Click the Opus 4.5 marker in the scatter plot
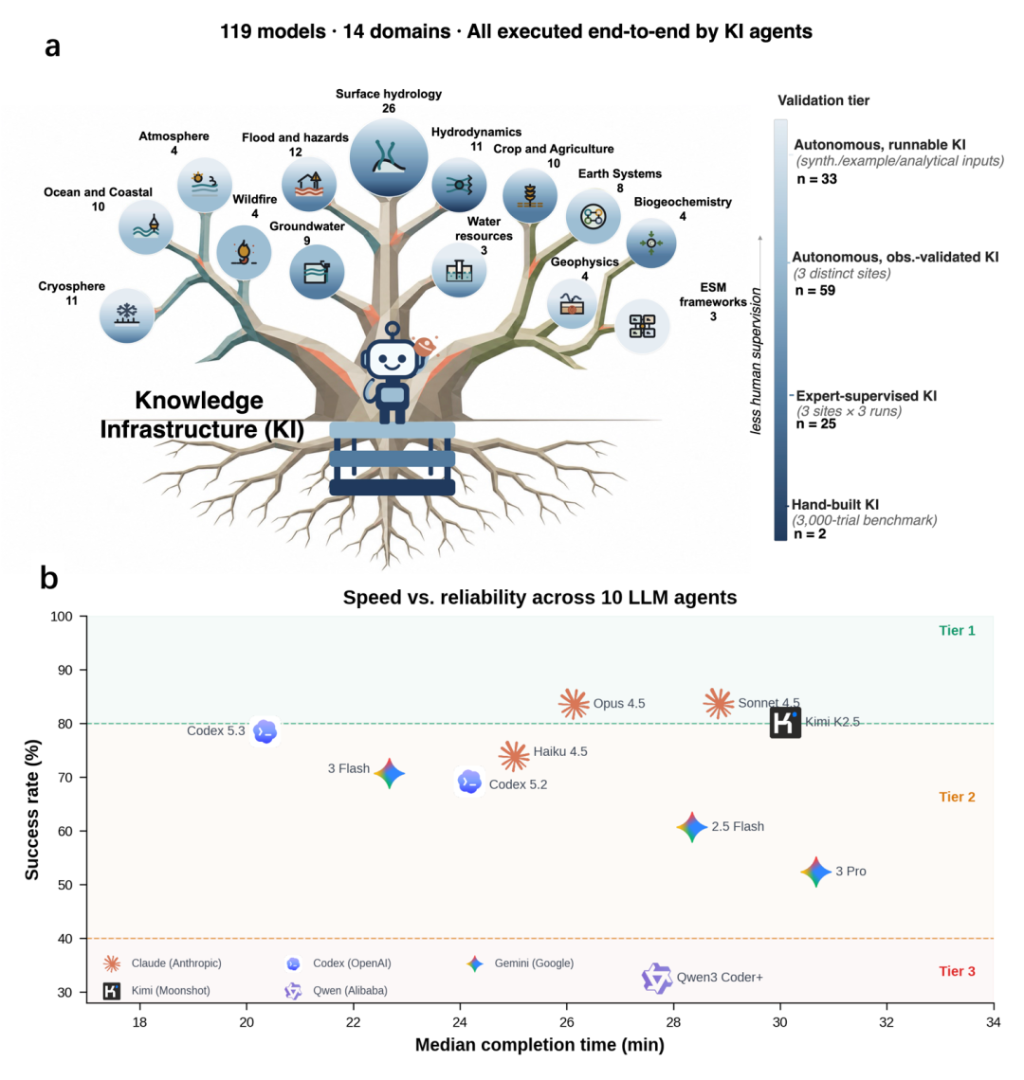point(574,704)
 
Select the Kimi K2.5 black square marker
point(785,723)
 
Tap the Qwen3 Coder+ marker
point(656,978)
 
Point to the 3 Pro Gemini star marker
point(816,872)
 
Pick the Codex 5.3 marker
point(265,731)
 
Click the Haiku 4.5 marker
point(514,756)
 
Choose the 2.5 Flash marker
point(691,827)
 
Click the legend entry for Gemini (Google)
point(521,963)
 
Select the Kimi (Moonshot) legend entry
point(157,991)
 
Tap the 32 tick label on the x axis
point(887,1022)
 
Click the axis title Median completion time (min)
point(539,1045)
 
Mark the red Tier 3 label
point(957,971)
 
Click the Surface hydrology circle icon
point(389,156)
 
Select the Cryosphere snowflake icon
point(127,315)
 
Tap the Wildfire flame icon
point(244,253)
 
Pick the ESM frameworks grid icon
point(642,326)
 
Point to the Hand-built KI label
point(835,505)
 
